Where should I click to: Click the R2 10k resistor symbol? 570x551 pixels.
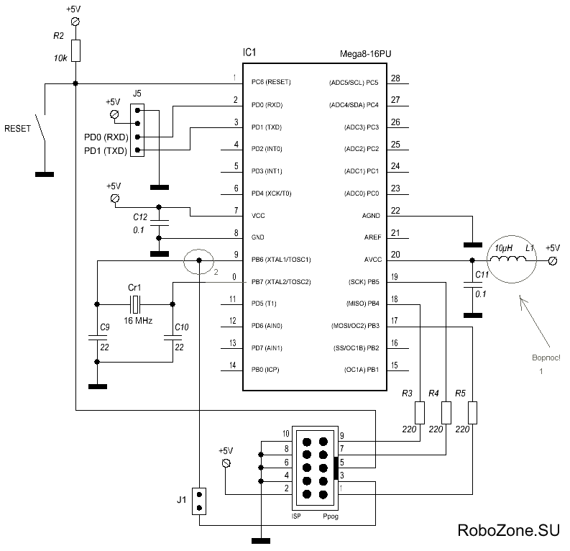(x=75, y=50)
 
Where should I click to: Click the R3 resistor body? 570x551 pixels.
(x=420, y=413)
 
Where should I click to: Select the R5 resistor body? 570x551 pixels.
(x=472, y=413)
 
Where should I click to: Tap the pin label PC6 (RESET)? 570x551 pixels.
(x=271, y=82)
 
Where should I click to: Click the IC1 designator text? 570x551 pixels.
(x=250, y=53)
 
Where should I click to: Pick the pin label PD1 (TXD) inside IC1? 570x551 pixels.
(x=267, y=127)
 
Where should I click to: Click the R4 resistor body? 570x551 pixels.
(x=446, y=413)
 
